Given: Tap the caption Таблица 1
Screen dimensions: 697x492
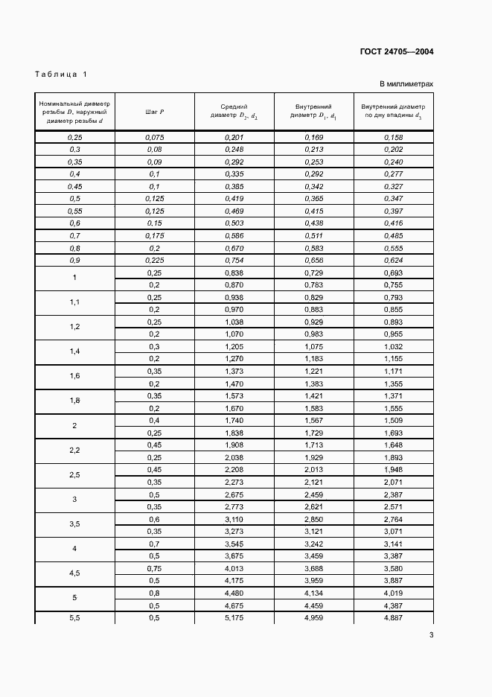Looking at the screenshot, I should pyautogui.click(x=61, y=74).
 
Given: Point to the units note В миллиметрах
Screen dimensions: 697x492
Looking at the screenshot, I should pyautogui.click(x=406, y=84).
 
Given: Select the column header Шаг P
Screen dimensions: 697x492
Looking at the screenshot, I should pyautogui.click(x=155, y=112).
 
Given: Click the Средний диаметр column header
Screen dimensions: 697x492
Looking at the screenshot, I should pyautogui.click(x=234, y=112).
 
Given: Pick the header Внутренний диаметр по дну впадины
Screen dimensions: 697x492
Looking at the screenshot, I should pyautogui.click(x=392, y=112).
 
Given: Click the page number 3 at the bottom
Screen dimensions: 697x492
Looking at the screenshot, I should pyautogui.click(x=431, y=634).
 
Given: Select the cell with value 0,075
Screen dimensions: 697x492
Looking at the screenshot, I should pyautogui.click(x=155, y=138).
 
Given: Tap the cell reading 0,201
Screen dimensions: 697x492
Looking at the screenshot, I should pyautogui.click(x=234, y=138).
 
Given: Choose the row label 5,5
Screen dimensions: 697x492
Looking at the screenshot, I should pyautogui.click(x=74, y=618).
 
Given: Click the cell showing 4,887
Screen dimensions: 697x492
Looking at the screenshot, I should pyautogui.click(x=392, y=618).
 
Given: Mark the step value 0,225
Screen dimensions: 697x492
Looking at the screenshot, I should pyautogui.click(x=155, y=260).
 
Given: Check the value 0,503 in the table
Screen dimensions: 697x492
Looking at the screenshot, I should pyautogui.click(x=234, y=223).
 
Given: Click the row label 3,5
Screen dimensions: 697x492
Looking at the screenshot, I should pyautogui.click(x=74, y=525).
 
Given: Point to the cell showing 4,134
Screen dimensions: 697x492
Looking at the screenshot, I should pyautogui.click(x=313, y=593).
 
